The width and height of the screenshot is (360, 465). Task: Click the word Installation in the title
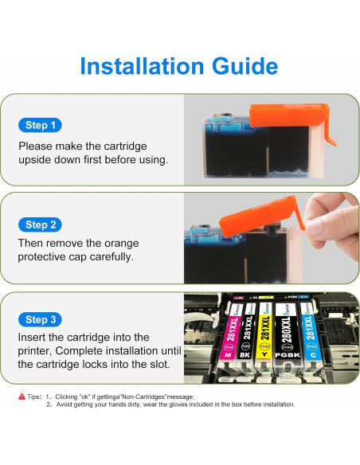coord(142,66)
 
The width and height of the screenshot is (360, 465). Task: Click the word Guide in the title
coord(245,66)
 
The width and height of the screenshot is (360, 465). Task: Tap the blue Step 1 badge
coord(40,125)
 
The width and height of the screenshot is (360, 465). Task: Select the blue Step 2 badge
coord(40,225)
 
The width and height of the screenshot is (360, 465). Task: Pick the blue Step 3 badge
coord(40,319)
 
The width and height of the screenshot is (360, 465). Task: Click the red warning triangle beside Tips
coord(22,397)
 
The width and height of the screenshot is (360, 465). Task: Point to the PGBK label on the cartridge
coord(288,355)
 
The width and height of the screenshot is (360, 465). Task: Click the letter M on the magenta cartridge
coord(228,355)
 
